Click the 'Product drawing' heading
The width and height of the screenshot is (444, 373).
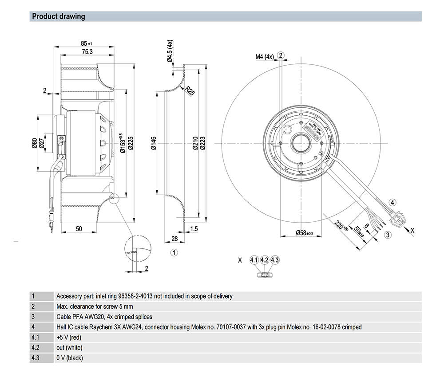[x=58, y=17]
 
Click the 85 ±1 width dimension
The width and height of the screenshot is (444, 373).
[x=86, y=43]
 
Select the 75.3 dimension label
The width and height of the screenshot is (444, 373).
[x=86, y=51]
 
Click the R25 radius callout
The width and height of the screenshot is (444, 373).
[x=190, y=91]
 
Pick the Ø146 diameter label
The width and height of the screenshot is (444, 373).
[x=154, y=144]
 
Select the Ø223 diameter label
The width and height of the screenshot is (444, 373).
[x=202, y=144]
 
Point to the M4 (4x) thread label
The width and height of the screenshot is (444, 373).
[x=264, y=57]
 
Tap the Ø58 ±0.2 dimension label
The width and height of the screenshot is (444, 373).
[x=305, y=233]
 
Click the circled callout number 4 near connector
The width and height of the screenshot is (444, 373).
[x=392, y=203]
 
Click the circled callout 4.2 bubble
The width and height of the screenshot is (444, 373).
[x=264, y=260]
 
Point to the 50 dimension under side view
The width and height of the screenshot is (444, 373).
[x=79, y=229]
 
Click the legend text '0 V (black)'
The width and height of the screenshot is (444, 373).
[x=70, y=357]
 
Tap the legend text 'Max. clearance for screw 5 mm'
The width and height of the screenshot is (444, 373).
[x=95, y=306]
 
